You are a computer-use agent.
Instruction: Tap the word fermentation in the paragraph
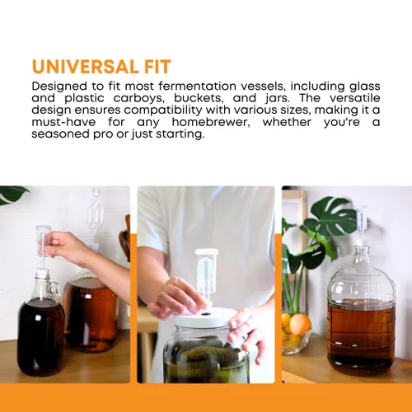[197, 86]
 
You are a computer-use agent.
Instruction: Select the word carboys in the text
[138, 99]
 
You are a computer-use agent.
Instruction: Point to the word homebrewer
[211, 122]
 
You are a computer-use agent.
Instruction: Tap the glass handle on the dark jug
[56, 291]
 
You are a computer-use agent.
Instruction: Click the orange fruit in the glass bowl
[300, 324]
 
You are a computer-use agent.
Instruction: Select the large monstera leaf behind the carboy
[331, 217]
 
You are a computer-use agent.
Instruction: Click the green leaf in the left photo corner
[12, 194]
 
